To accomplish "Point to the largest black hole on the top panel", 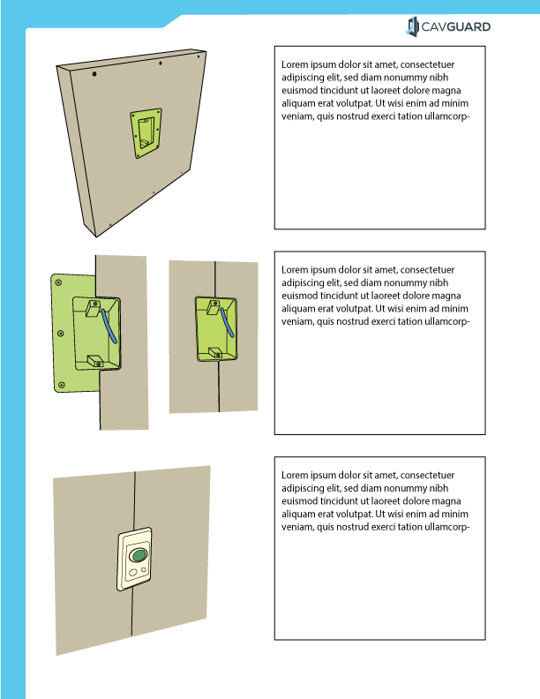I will [94, 75].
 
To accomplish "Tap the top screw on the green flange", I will [58, 282].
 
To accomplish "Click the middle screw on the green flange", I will [60, 334].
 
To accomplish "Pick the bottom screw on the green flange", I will [62, 386].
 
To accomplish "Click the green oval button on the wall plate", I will [138, 555].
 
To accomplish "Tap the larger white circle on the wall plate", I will [132, 574].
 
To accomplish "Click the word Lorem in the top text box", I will [295, 64].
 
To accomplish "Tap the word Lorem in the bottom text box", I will [295, 476].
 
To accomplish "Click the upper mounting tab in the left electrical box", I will [93, 309].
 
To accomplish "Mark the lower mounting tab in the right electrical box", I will [214, 351].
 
